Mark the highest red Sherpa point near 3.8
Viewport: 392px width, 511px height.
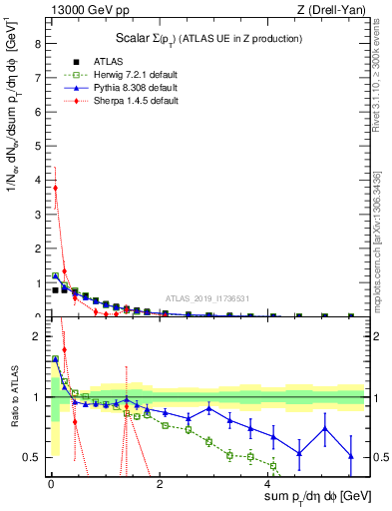click(x=55, y=188)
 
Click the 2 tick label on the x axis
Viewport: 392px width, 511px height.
click(x=160, y=483)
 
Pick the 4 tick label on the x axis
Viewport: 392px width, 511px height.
click(x=268, y=483)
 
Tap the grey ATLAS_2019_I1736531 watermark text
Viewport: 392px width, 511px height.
click(x=207, y=297)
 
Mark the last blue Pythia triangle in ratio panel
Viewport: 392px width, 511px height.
click(x=350, y=456)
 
